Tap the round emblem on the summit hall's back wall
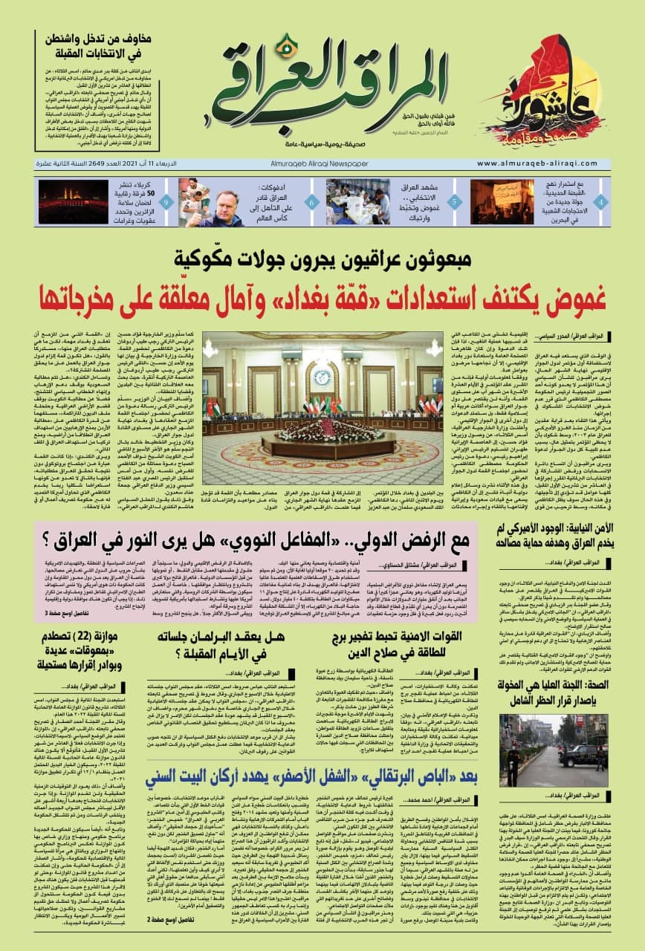(322, 374)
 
